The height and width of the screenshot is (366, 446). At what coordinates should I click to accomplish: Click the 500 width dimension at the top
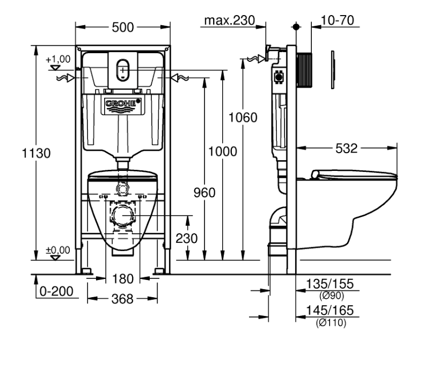(122, 27)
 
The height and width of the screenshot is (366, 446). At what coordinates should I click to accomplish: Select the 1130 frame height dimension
(36, 153)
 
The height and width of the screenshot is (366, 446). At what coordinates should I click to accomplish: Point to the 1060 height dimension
(243, 117)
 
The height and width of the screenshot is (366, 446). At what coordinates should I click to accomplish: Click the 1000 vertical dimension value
(223, 152)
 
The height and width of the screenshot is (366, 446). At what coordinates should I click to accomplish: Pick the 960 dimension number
(204, 193)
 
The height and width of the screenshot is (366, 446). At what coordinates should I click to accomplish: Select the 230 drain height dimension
(187, 239)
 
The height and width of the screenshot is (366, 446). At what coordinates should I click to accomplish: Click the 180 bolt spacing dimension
(123, 279)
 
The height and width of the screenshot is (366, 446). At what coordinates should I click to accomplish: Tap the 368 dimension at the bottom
(122, 299)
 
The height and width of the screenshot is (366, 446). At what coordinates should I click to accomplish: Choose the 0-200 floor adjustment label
(56, 291)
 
